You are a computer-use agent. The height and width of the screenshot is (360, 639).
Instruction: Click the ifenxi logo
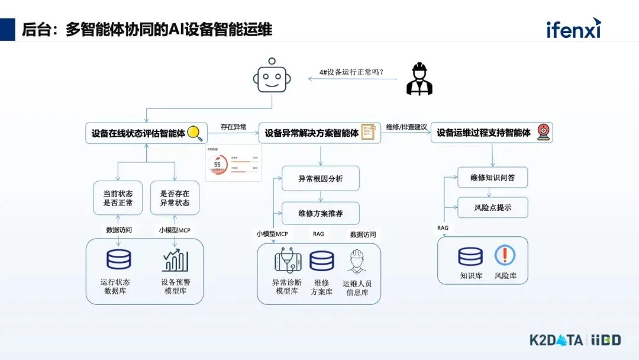point(573,28)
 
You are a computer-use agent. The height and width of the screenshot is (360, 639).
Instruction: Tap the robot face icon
point(272,77)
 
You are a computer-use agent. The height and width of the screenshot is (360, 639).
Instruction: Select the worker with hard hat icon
point(419,79)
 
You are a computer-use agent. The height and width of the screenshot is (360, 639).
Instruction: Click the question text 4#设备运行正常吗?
point(351,72)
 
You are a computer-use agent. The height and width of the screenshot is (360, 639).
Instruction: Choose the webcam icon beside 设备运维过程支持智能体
point(542,133)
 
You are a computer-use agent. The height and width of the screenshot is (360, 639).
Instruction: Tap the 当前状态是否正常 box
point(118,198)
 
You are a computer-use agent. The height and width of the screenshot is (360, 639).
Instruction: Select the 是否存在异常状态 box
point(175,198)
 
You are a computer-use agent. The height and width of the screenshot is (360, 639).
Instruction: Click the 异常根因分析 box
point(320,178)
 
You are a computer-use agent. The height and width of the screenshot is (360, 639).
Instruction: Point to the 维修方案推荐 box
point(320,213)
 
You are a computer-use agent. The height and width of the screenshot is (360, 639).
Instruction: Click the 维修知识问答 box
point(492,178)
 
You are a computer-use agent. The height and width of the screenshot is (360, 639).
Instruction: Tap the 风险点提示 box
point(492,208)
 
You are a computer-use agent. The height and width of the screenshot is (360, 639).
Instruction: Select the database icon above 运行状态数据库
point(118,260)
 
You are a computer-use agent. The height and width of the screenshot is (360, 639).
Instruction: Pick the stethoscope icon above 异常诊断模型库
point(288,261)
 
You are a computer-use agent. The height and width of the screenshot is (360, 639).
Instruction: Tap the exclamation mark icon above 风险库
point(505,256)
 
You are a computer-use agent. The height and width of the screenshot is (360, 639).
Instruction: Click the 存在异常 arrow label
point(233,127)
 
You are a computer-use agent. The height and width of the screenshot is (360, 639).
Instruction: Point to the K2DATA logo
point(556,340)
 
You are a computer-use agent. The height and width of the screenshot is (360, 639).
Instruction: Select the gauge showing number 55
point(217,165)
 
